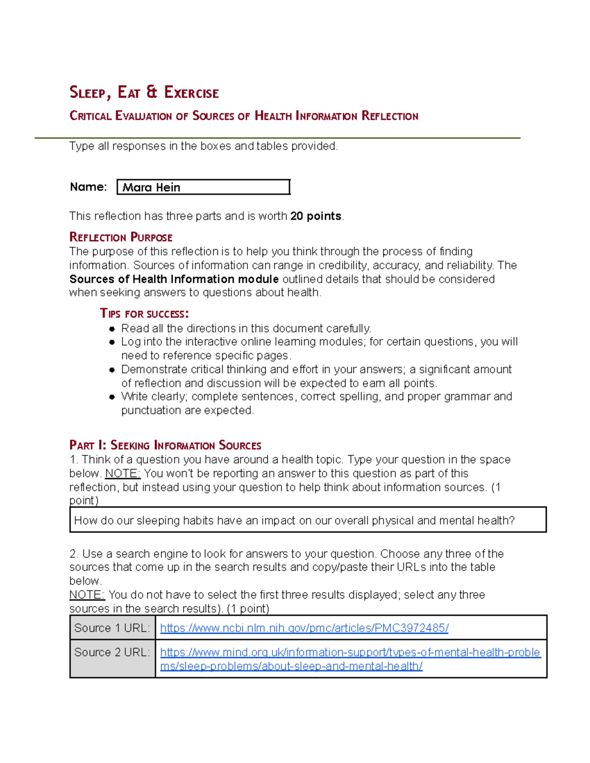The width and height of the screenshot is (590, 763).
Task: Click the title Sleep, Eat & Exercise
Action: [x=144, y=92]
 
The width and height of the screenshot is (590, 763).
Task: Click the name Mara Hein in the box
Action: [x=151, y=187]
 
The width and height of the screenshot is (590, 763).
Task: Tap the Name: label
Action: [x=88, y=187]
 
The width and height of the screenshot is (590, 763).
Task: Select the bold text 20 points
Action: [x=316, y=216]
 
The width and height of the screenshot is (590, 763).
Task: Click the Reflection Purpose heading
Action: [x=121, y=237]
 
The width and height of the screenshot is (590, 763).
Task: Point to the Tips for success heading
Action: [x=144, y=313]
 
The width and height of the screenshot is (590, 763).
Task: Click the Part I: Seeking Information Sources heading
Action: [x=165, y=446]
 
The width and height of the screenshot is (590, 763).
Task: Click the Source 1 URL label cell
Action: [x=112, y=628]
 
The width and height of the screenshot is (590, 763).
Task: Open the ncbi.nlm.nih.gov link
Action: [x=304, y=628]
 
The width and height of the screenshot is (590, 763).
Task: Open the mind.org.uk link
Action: [x=350, y=652]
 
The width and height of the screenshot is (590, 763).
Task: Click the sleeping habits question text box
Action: [x=308, y=520]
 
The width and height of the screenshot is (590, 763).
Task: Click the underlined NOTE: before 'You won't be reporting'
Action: [x=123, y=474]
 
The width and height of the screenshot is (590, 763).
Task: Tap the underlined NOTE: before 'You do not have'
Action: [x=87, y=595]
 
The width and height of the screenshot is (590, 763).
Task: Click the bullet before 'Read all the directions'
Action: [x=112, y=329]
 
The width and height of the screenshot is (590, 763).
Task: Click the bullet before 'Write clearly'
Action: [x=112, y=397]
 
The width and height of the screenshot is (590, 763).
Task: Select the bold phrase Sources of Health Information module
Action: [x=174, y=279]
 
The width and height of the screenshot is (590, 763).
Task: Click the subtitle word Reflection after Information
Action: [x=390, y=116]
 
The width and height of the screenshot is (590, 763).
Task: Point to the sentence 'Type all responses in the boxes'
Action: [x=204, y=146]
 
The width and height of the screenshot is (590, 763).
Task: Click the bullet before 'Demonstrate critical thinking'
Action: [x=112, y=369]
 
